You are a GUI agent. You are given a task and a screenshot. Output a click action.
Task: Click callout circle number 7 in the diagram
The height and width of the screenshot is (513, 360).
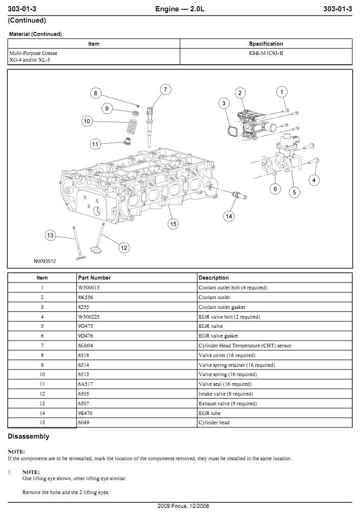(x=165, y=89)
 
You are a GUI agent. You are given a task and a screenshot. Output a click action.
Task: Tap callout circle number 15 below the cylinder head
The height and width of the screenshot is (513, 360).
(x=173, y=224)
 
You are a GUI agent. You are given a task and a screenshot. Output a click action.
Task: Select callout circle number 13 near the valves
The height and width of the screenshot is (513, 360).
(x=50, y=235)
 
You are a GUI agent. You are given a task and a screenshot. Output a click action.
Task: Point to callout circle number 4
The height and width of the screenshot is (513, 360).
(x=314, y=180)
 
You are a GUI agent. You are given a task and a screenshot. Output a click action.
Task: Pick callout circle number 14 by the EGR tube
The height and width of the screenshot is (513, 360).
(x=229, y=216)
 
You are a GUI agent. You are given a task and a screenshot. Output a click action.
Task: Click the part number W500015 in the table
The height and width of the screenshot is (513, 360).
(x=89, y=288)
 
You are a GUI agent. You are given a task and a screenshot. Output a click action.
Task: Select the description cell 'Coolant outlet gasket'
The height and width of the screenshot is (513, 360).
(x=222, y=307)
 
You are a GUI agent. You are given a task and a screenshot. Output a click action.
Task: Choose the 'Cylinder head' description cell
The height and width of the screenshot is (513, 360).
(x=214, y=423)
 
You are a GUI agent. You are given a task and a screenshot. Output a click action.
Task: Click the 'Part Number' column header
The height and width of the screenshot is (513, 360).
(x=94, y=278)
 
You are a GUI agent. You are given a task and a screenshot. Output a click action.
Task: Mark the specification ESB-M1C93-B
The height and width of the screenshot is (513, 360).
(x=266, y=53)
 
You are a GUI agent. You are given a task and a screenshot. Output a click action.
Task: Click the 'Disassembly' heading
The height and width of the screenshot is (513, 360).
(x=29, y=437)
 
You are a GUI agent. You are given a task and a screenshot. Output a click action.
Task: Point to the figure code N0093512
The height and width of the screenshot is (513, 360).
(x=45, y=261)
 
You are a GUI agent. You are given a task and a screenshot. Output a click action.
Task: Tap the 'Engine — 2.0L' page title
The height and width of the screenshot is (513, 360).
(x=180, y=9)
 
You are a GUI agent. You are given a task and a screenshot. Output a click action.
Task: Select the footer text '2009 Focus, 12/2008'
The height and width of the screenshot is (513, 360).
(x=180, y=506)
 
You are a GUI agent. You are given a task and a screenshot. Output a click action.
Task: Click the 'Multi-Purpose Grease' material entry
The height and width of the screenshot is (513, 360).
(x=33, y=53)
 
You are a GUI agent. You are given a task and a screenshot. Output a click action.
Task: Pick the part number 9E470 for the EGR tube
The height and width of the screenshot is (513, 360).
(x=85, y=413)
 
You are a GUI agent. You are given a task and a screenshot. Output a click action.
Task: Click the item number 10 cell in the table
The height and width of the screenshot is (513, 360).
(x=42, y=374)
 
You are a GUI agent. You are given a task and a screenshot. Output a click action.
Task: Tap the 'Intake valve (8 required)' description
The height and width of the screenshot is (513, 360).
(x=226, y=394)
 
